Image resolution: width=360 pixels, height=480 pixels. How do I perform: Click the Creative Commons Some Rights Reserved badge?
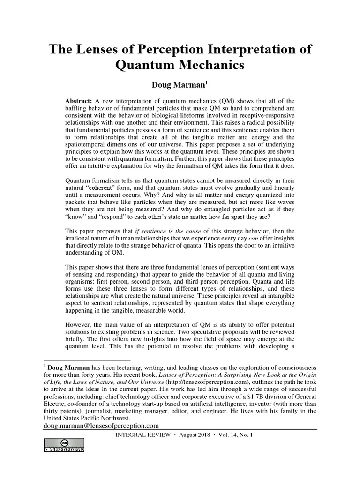(x=64, y=445)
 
